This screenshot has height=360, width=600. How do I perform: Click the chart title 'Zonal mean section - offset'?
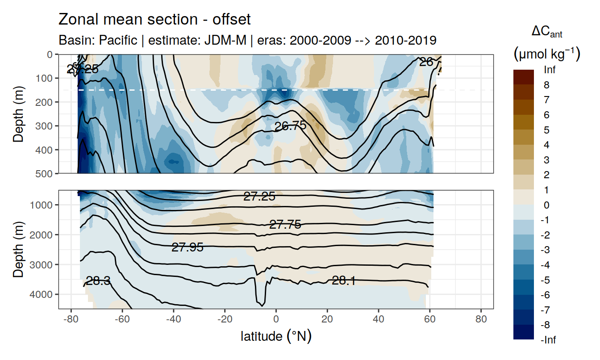coord(154,20)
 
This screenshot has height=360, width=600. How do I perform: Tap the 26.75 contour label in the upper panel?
coord(290,126)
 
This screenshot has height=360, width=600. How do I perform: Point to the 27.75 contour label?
coord(285,225)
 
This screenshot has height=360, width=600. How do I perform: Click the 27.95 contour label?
coord(187,247)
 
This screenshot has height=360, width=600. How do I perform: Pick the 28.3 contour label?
coord(98,281)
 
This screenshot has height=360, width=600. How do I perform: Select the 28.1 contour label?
coord(344,280)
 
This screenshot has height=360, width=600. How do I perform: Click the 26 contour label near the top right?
coord(426,63)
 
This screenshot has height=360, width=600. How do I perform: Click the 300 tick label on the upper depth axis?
coord(46,126)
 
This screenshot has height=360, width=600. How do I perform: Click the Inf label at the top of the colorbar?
coord(550,70)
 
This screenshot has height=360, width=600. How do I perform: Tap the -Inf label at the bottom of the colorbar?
coord(549,340)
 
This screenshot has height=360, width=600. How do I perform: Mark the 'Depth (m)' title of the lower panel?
coord(18,249)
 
